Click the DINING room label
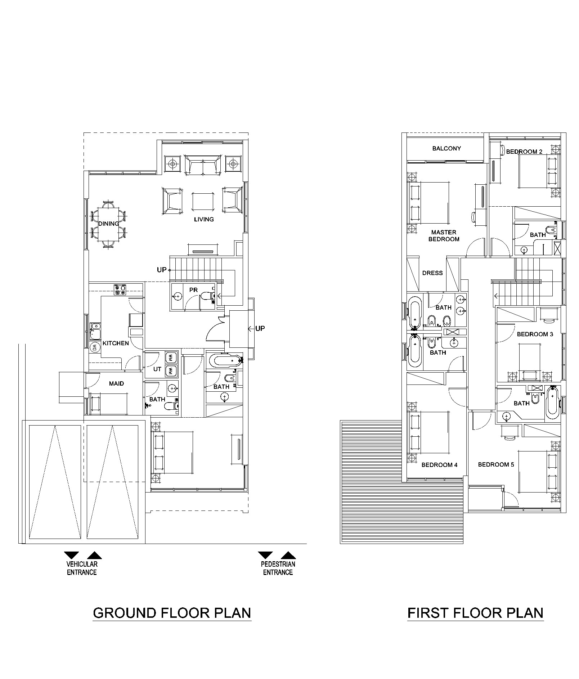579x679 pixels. pyautogui.click(x=108, y=224)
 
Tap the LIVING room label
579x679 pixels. pyautogui.click(x=204, y=219)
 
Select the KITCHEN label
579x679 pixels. pyautogui.click(x=116, y=343)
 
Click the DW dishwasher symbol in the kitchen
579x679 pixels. pyautogui.click(x=95, y=347)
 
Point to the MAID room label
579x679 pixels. pyautogui.click(x=116, y=383)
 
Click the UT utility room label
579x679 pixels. pyautogui.click(x=157, y=369)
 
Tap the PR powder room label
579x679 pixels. pyautogui.click(x=193, y=290)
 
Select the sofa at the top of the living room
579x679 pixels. pyautogui.click(x=203, y=165)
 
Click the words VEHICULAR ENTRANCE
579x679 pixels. pyautogui.click(x=82, y=568)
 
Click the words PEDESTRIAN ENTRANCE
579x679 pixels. pyautogui.click(x=278, y=568)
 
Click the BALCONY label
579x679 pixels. pyautogui.click(x=446, y=148)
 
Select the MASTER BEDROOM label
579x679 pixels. pyautogui.click(x=444, y=235)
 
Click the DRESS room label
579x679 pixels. pyautogui.click(x=432, y=273)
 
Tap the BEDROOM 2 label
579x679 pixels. pyautogui.click(x=524, y=152)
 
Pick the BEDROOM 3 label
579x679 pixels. pyautogui.click(x=535, y=334)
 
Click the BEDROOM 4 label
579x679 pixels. pyautogui.click(x=439, y=465)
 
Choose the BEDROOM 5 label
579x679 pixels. pyautogui.click(x=496, y=464)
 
